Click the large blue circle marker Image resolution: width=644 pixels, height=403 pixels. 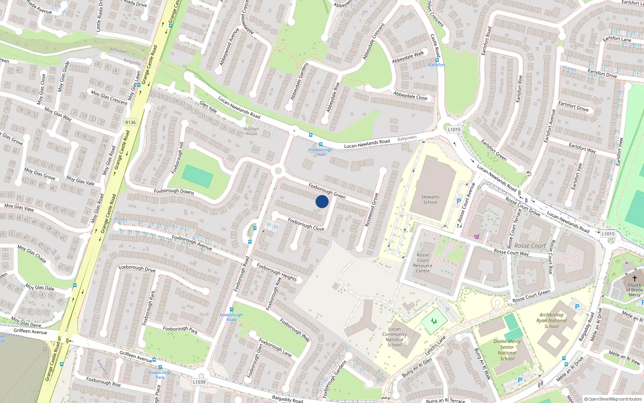point(322,201)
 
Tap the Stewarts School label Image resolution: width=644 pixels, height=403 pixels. point(430,199)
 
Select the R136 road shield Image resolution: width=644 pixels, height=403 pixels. point(130,123)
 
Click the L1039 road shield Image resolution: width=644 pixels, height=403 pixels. point(199,382)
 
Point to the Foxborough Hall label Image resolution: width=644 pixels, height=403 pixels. point(320,152)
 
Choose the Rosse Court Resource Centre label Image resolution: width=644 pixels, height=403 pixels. point(423,263)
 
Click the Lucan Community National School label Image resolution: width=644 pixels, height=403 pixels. point(394,337)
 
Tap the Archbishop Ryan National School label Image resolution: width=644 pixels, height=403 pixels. point(551,320)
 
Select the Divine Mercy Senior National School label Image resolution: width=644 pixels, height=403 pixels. point(507,350)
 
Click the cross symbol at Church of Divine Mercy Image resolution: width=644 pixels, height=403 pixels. point(635,278)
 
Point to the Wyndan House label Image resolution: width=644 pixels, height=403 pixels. point(251,131)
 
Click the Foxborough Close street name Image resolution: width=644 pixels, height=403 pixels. point(306,224)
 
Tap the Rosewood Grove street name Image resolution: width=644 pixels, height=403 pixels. point(371,210)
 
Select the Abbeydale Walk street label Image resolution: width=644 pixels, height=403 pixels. point(408,57)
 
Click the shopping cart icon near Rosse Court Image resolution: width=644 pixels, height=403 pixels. point(477,237)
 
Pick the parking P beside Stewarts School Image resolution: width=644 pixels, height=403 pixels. point(458,201)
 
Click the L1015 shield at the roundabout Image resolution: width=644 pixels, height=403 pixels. point(454,129)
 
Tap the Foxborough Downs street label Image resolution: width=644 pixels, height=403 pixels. point(174,191)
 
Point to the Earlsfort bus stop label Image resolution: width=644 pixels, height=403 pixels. point(437,65)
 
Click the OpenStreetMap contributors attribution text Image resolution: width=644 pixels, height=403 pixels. point(613,399)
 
